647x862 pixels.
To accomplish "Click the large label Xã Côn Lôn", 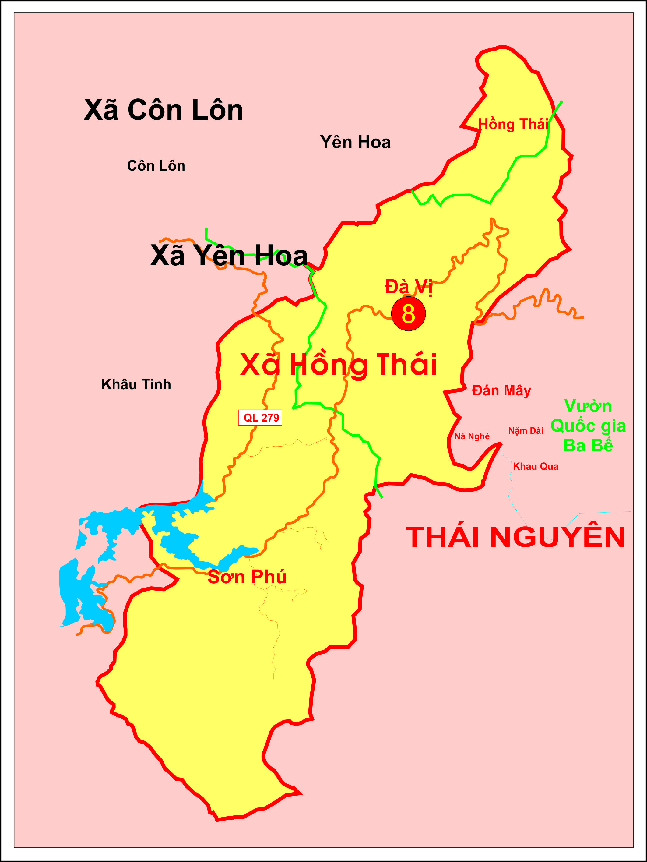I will [163, 110].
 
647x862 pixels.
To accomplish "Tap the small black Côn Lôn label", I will [156, 166].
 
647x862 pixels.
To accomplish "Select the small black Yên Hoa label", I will [355, 143].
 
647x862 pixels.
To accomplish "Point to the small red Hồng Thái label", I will [513, 125].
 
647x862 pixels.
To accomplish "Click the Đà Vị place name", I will [408, 287].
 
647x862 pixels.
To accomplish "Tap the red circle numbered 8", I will [408, 314].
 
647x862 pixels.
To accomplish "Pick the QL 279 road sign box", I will [260, 418].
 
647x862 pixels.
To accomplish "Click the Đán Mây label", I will [501, 391].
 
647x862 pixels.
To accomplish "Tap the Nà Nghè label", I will [472, 436].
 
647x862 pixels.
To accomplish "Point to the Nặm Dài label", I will [526, 431].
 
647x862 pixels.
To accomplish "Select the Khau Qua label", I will [536, 466].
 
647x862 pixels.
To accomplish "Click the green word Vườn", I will [588, 406].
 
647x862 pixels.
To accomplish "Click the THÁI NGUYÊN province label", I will [515, 537].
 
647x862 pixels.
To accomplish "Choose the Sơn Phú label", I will [247, 577].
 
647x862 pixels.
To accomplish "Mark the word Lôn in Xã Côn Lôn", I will [217, 110].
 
